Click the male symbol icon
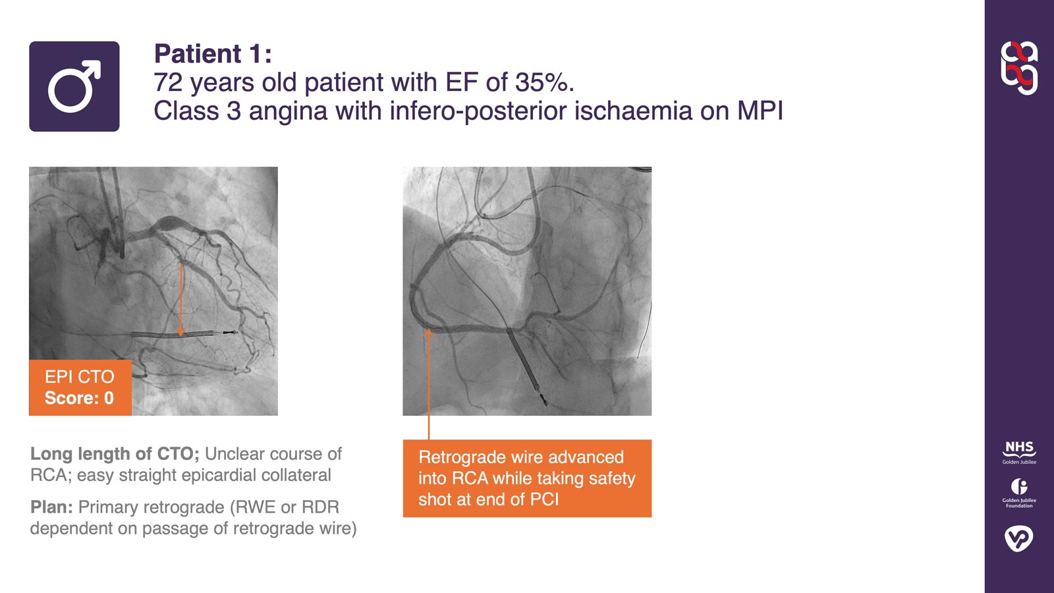74,86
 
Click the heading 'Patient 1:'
212,53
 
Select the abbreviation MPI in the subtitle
760,111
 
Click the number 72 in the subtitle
167,82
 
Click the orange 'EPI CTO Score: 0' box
80,387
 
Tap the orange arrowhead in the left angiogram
181,333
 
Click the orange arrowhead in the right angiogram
429,333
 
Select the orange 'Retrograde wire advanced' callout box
527,478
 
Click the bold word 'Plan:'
51,507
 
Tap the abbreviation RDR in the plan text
320,507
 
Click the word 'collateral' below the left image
296,475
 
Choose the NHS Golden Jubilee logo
1019,452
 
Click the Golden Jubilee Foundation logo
1019,492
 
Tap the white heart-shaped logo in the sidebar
1019,538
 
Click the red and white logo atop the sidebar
1019,68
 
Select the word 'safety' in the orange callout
612,478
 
